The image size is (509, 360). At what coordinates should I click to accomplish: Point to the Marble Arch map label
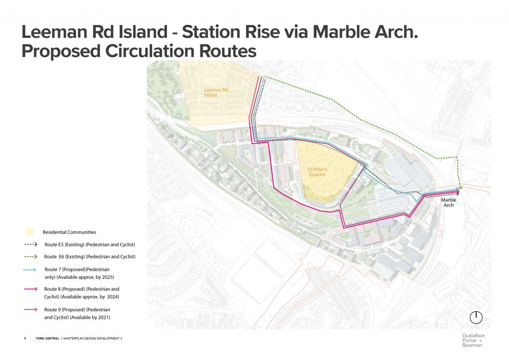click(448, 202)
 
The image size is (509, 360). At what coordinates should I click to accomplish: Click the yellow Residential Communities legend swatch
click(30, 232)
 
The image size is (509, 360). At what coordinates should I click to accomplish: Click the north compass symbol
click(476, 317)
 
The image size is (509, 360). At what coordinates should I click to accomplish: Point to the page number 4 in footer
click(25, 338)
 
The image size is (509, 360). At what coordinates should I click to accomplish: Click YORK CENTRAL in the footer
click(47, 338)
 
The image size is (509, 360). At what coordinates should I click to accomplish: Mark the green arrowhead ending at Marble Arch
click(461, 188)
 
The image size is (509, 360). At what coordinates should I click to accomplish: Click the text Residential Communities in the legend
click(70, 232)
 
